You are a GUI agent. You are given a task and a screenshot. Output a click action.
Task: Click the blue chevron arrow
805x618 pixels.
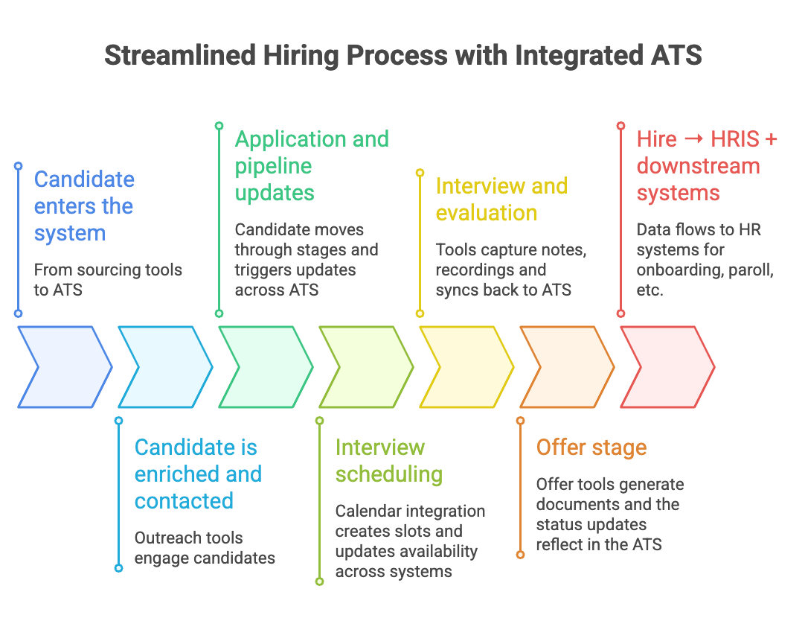click(65, 367)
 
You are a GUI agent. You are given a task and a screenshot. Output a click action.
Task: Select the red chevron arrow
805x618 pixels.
click(667, 367)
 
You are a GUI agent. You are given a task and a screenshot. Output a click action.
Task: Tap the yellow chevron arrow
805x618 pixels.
click(466, 367)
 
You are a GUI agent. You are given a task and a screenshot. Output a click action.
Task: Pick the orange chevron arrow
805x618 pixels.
click(567, 367)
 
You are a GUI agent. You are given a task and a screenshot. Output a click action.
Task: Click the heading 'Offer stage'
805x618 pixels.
click(591, 447)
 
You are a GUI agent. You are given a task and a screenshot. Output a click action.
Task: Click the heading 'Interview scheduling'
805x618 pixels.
click(388, 461)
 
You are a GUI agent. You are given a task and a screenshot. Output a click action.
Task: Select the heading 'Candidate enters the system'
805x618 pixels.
click(84, 206)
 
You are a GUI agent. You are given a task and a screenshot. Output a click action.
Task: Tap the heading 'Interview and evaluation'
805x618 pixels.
click(501, 200)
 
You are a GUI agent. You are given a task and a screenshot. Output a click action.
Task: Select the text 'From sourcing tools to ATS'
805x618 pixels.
click(108, 279)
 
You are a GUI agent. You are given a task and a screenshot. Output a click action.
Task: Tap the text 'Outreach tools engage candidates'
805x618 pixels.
click(205, 547)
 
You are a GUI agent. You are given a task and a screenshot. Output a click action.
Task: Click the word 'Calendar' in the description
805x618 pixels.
click(369, 512)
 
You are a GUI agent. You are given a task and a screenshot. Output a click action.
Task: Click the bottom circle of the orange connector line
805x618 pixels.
click(520, 555)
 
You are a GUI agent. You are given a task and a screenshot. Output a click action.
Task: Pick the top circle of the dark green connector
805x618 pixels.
click(219, 126)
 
